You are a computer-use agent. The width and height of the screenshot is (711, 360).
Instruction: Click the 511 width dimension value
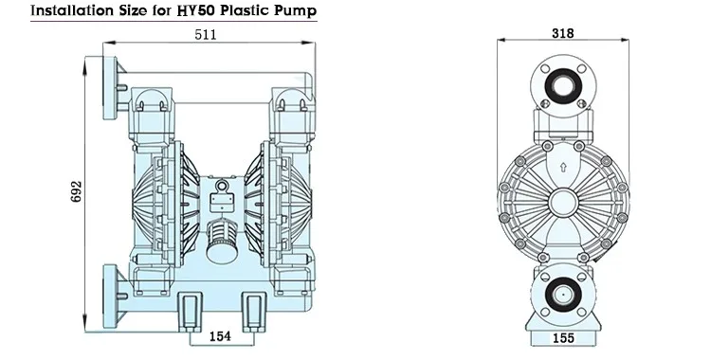(x=206, y=34)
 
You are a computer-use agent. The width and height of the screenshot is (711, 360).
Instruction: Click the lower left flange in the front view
(x=112, y=292)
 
